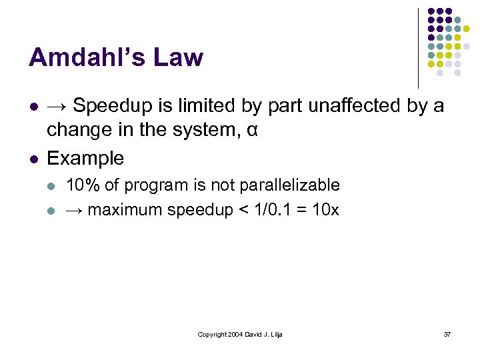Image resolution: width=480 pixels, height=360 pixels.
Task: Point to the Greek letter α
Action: tap(251, 130)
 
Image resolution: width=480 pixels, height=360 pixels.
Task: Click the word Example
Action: tap(85, 159)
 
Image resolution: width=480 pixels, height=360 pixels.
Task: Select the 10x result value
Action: tap(325, 209)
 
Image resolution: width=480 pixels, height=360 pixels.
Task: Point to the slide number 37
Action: tap(447, 334)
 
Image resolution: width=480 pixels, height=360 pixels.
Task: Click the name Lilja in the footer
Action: tap(275, 334)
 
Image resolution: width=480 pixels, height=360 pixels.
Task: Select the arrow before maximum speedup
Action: tap(74, 210)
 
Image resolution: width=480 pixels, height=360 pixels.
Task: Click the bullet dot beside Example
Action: tap(33, 159)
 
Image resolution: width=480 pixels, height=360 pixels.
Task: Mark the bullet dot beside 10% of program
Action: tap(53, 185)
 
